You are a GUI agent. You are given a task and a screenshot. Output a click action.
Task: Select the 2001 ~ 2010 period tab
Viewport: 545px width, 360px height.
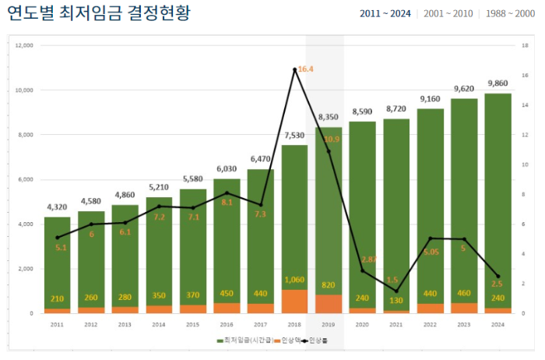click(x=448, y=14)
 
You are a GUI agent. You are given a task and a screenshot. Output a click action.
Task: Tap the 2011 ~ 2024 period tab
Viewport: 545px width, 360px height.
click(x=385, y=14)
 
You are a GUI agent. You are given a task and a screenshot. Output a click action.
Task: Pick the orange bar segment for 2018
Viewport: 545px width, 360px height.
click(x=294, y=301)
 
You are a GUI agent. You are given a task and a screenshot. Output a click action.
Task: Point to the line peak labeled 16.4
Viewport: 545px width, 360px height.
click(x=294, y=69)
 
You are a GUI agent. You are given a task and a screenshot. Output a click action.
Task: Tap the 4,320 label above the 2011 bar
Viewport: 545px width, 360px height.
click(x=57, y=207)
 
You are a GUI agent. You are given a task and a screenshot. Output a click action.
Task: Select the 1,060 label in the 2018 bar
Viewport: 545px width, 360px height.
click(x=294, y=280)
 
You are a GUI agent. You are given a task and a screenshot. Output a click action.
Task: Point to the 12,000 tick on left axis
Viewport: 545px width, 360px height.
click(x=24, y=45)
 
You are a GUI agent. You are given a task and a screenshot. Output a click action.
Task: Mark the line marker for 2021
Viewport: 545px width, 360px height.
click(x=396, y=291)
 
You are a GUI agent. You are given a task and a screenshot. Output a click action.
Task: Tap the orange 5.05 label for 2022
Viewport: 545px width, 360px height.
click(x=431, y=252)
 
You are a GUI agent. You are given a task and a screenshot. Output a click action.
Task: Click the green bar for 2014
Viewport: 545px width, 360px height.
click(x=159, y=249)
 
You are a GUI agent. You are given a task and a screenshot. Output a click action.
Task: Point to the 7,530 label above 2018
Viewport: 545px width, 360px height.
click(x=294, y=135)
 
